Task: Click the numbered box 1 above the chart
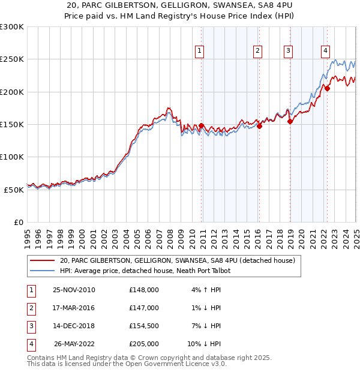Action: [x=199, y=52]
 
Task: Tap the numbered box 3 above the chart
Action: [x=289, y=52]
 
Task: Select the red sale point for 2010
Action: [x=201, y=126]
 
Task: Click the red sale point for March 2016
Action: [x=259, y=126]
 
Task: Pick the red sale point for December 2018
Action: [x=290, y=122]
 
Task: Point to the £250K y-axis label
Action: [x=12, y=59]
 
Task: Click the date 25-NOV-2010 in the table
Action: [x=74, y=290]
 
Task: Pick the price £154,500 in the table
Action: [x=144, y=326]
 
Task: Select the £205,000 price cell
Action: [x=144, y=344]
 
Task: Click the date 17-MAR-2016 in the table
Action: [x=74, y=308]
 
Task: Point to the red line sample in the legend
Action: [x=42, y=261]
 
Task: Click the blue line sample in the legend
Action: [x=42, y=271]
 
